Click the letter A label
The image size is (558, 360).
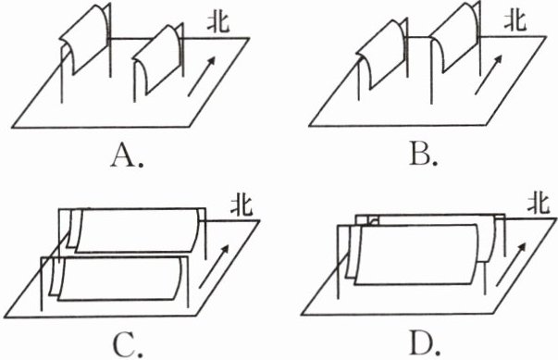(x=123, y=156)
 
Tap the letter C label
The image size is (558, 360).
(x=123, y=346)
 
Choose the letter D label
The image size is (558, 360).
(x=420, y=343)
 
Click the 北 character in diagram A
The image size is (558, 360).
(x=218, y=23)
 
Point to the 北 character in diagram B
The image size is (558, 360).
(x=515, y=21)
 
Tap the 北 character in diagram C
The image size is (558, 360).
(x=242, y=205)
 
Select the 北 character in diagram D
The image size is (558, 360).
(x=539, y=204)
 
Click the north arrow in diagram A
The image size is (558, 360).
(x=202, y=76)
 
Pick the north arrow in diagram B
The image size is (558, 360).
(x=489, y=74)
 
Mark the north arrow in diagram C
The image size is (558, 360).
(x=214, y=267)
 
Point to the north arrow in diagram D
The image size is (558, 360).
(x=511, y=265)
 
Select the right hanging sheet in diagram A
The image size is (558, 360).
(x=158, y=59)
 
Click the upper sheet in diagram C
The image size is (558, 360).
(x=137, y=230)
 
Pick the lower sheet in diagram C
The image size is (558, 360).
(x=119, y=279)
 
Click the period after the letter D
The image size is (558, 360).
(x=437, y=352)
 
